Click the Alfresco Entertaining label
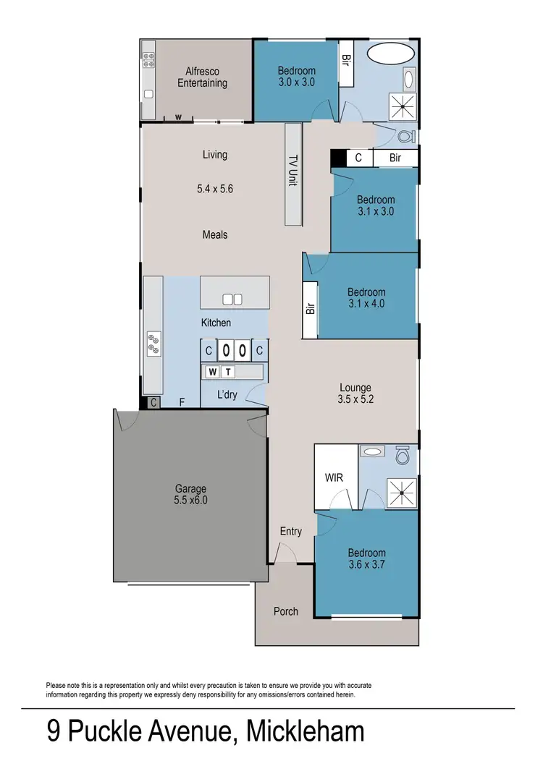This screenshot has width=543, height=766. click(x=203, y=77)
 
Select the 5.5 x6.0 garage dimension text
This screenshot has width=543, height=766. click(x=190, y=500)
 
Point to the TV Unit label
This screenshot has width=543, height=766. click(x=293, y=171)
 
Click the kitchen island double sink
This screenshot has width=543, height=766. click(x=232, y=299)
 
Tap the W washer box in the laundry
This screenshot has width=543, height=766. click(x=213, y=372)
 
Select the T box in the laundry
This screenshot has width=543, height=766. click(x=227, y=372)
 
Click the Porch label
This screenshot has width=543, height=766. click(x=286, y=611)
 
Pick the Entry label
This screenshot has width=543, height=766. click(x=290, y=532)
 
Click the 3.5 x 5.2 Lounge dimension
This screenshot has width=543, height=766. click(x=355, y=399)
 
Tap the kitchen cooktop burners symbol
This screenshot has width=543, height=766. click(x=153, y=343)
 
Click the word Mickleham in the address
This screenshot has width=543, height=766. click(x=306, y=732)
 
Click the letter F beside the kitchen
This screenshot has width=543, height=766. click(x=181, y=404)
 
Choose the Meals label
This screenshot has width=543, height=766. click(x=215, y=235)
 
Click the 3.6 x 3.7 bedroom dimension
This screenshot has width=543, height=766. click(x=366, y=564)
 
